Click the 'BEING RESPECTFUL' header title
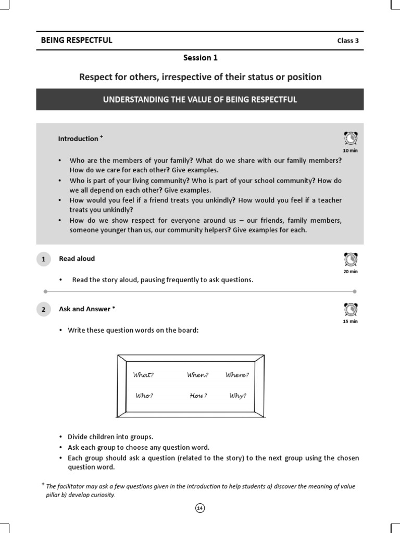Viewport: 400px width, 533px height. point(77,40)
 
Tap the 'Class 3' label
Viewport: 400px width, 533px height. point(347,41)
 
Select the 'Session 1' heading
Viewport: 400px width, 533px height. point(200,58)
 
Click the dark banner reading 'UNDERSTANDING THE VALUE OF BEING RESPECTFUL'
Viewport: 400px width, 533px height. point(200,99)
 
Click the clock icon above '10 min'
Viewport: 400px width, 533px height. point(351,138)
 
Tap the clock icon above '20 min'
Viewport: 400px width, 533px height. point(351,259)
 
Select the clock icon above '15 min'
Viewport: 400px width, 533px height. point(351,310)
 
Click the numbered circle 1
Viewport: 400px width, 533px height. point(44,259)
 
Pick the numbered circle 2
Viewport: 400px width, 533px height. point(44,310)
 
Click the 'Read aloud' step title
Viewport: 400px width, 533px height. point(77,259)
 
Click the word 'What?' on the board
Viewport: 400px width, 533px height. point(144,375)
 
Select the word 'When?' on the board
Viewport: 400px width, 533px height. point(198,375)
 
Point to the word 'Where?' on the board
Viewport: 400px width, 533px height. point(237,375)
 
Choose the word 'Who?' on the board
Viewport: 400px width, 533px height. point(144,396)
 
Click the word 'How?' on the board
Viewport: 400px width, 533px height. point(198,396)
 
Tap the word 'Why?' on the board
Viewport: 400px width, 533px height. point(238,396)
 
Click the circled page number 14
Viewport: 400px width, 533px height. point(200,508)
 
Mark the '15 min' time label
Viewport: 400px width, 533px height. point(351,322)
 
